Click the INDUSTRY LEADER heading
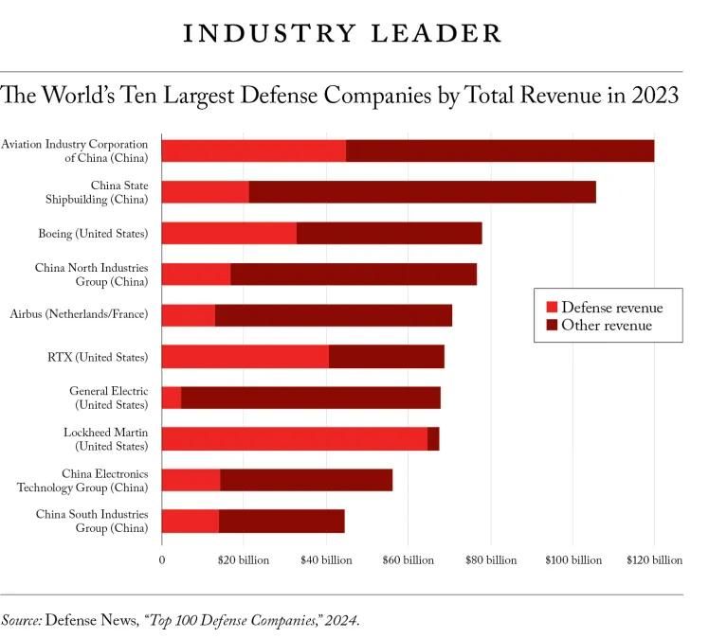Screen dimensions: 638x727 tap(342, 33)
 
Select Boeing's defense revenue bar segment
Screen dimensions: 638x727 tap(228, 233)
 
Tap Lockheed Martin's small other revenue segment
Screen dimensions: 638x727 tap(433, 438)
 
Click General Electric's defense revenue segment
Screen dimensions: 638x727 tap(172, 398)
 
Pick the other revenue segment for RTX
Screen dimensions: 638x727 tap(387, 357)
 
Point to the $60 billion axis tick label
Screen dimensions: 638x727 tap(408, 560)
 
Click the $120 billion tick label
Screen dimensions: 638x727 tap(653, 560)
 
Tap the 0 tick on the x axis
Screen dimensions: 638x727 tap(162, 560)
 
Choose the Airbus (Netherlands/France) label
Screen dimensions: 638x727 tap(79, 313)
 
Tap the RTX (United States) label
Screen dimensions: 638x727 tap(98, 357)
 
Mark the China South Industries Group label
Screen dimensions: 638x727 tap(92, 521)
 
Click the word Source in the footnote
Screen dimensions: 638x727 tap(21, 621)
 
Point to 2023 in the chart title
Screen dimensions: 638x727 tap(653, 96)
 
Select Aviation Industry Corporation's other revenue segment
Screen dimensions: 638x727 tap(500, 151)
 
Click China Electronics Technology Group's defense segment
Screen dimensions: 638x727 tap(191, 480)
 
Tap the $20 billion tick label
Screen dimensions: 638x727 tap(244, 560)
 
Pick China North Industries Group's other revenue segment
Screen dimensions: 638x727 tap(354, 275)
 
